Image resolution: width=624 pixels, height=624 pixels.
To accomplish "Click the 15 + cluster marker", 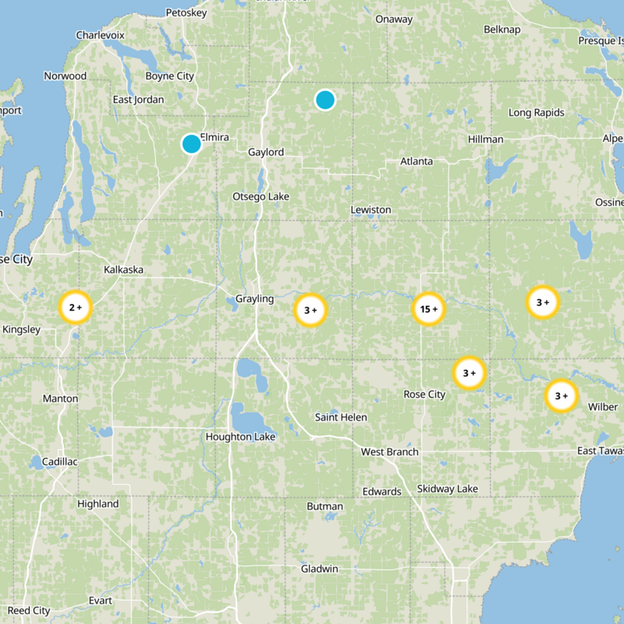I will pyautogui.click(x=428, y=310).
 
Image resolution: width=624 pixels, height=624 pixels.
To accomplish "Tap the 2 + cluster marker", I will pyautogui.click(x=76, y=307).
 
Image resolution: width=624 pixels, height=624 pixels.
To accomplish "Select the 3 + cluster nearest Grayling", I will pyautogui.click(x=310, y=310).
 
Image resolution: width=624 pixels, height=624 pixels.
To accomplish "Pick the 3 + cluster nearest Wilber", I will pyautogui.click(x=561, y=395).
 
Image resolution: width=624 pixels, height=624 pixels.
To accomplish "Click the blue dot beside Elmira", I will pyautogui.click(x=191, y=144).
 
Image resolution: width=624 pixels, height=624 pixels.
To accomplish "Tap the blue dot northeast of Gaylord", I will pyautogui.click(x=325, y=100).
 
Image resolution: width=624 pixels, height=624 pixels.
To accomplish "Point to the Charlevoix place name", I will pyautogui.click(x=100, y=35).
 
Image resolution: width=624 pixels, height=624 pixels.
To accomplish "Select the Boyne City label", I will pyautogui.click(x=169, y=76).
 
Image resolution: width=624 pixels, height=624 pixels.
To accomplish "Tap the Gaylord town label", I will pyautogui.click(x=266, y=152).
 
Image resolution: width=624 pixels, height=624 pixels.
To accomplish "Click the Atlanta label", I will pyautogui.click(x=417, y=161).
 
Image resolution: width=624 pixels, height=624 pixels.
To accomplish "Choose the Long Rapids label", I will pyautogui.click(x=536, y=112).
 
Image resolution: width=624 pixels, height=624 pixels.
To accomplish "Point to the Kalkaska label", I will pyautogui.click(x=124, y=269).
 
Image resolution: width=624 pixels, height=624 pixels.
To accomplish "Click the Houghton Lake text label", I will pyautogui.click(x=240, y=437).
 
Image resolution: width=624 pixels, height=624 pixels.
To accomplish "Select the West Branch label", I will pyautogui.click(x=389, y=452).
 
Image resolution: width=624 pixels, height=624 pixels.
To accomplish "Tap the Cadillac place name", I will pyautogui.click(x=59, y=462).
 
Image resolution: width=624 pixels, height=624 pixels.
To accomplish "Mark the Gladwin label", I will pyautogui.click(x=320, y=569).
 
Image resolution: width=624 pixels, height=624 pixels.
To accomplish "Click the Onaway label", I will pyautogui.click(x=394, y=19).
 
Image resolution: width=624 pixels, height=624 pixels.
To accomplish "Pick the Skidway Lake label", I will pyautogui.click(x=447, y=488).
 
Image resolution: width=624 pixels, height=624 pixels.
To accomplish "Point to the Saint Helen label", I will pyautogui.click(x=341, y=417).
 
